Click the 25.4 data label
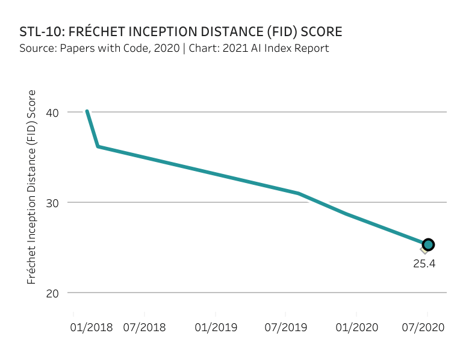(424, 263)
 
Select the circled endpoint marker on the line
(428, 244)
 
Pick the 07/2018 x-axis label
(145, 328)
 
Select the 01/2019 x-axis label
(216, 328)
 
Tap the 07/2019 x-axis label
(286, 328)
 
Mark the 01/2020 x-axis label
(357, 328)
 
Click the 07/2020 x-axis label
(424, 328)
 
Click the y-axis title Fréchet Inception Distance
(32, 187)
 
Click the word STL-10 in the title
(41, 31)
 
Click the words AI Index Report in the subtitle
(291, 48)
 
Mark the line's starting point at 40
(87, 111)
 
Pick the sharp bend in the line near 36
(98, 146)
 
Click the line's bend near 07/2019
(299, 193)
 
